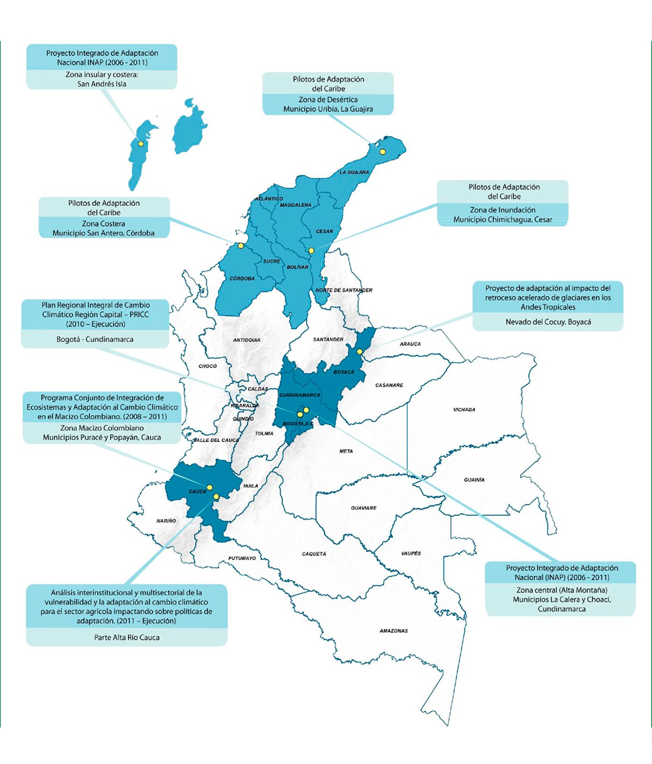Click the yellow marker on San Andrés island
(x=141, y=144)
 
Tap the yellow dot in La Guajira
(x=382, y=152)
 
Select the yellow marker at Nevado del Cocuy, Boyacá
(x=360, y=351)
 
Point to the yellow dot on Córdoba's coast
(x=241, y=246)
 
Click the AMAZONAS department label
(x=393, y=631)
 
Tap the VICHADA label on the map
(x=464, y=410)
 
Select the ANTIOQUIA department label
(x=246, y=340)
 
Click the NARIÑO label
(x=166, y=521)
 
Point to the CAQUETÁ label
(x=314, y=554)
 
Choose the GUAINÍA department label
(x=474, y=480)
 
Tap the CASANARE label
(x=389, y=385)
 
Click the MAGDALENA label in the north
(x=295, y=205)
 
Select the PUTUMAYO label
(x=242, y=558)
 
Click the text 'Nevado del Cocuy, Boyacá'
(x=548, y=322)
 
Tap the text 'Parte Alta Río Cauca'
(x=126, y=637)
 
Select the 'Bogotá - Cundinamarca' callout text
(x=95, y=340)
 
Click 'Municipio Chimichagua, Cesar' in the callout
(x=502, y=219)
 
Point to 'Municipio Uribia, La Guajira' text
(x=328, y=109)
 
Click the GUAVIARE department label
(x=364, y=508)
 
